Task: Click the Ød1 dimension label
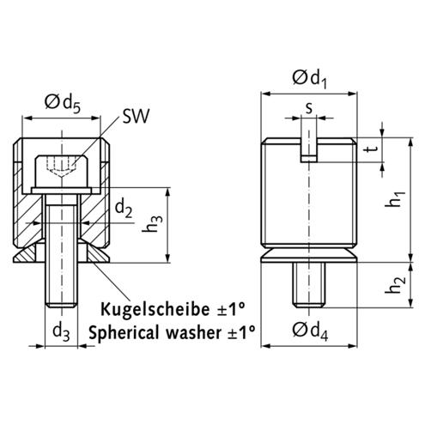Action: coord(309,79)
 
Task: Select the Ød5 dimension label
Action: coord(63,104)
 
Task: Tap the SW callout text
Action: coord(136,116)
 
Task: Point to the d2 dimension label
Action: coord(124,209)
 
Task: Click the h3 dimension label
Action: coord(152,223)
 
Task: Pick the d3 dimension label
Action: coord(61,332)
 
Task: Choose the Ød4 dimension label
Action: coord(310,331)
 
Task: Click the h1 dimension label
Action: coord(395,198)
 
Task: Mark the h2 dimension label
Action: coord(395,284)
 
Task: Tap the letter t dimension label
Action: coord(372,149)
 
